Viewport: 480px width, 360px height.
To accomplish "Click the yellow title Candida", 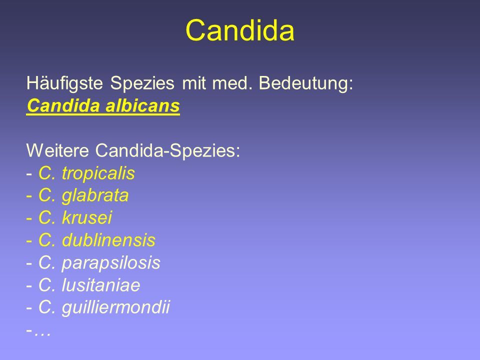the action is coord(239,30).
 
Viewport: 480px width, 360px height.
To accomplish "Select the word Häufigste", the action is coord(64,83).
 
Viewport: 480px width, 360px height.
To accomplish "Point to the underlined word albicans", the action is coord(142,105).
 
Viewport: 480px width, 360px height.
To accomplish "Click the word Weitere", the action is coord(57,150).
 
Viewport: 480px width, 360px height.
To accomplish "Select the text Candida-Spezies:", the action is coord(168,150).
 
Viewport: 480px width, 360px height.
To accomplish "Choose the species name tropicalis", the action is coord(98,173).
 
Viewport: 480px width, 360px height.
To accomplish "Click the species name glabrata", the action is coord(95,195).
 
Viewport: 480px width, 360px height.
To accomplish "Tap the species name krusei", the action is coord(87,217).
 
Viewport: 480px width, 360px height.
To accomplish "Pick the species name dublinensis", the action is coord(108,240).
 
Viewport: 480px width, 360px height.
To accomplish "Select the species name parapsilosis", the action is coord(111,263).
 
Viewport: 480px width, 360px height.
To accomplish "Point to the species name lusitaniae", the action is coord(101,285).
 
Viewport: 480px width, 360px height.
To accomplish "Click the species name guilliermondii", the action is coord(115,307).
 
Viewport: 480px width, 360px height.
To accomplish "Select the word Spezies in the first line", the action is coord(142,83).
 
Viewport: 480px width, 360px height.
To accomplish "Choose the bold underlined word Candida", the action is coord(63,105).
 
